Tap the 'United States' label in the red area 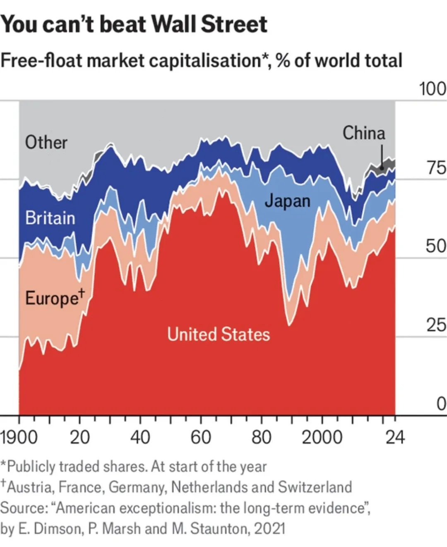point(219,334)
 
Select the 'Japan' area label point(287,201)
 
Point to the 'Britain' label point(50,218)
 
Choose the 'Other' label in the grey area point(46,142)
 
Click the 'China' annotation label point(363,133)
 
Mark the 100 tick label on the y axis point(433,89)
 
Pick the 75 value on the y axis point(436,167)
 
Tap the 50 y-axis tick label point(436,246)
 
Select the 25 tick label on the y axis point(436,325)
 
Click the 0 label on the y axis point(441,404)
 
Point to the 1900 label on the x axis point(19,437)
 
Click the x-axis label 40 point(140,437)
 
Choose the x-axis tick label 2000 point(322,437)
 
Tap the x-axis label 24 point(395,437)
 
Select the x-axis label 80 point(261,437)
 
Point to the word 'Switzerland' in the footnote point(315,487)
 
